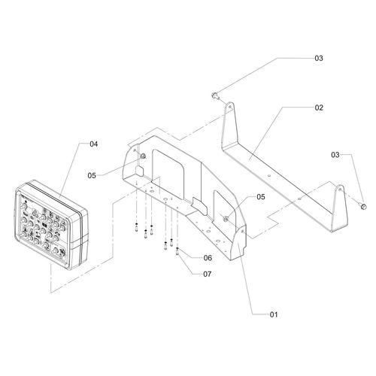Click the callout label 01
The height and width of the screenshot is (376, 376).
pyautogui.click(x=274, y=314)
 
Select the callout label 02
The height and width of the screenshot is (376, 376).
pyautogui.click(x=319, y=108)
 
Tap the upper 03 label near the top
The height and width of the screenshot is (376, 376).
pyautogui.click(x=319, y=58)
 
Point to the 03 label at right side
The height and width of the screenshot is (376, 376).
pyautogui.click(x=335, y=155)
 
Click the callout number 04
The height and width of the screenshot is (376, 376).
pyautogui.click(x=93, y=144)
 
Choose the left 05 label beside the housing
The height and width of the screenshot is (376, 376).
pyautogui.click(x=92, y=175)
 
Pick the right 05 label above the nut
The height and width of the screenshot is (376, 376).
pyautogui.click(x=261, y=197)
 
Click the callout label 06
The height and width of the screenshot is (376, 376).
pyautogui.click(x=208, y=258)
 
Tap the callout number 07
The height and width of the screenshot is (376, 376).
pyautogui.click(x=208, y=274)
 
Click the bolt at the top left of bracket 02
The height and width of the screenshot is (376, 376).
pyautogui.click(x=215, y=96)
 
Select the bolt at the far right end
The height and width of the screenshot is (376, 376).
pyautogui.click(x=363, y=206)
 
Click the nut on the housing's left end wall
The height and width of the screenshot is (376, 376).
pyautogui.click(x=143, y=156)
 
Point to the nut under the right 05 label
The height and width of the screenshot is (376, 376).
pyautogui.click(x=226, y=220)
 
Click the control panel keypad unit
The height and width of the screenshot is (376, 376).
pyautogui.click(x=51, y=225)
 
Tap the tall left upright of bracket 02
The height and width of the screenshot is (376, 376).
pyautogui.click(x=230, y=126)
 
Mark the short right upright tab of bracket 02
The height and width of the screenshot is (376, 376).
pyautogui.click(x=339, y=208)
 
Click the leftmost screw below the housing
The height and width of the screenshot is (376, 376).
pyautogui.click(x=136, y=227)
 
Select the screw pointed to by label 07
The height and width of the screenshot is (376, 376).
pyautogui.click(x=177, y=251)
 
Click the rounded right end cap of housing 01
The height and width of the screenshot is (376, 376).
pyautogui.click(x=238, y=242)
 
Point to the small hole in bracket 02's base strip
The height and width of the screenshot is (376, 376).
pyautogui.click(x=268, y=176)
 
